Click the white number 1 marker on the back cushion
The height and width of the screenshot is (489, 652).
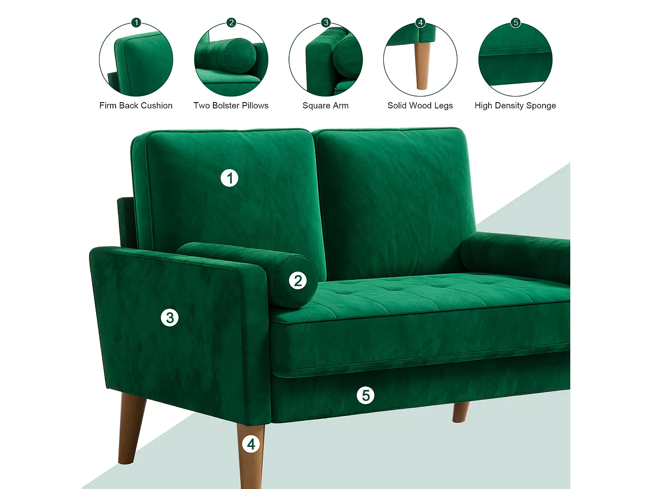230,178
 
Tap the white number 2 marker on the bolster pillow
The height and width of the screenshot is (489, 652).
298,280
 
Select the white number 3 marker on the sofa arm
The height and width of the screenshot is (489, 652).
170,318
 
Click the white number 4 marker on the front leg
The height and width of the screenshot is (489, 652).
251,444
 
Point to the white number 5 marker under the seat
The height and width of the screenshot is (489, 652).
366,395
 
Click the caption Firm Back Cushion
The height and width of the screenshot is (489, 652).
136,106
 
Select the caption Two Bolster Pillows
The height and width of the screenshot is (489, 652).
231,106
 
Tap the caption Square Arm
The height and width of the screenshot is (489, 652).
325,106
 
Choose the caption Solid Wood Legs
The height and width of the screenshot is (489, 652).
420,106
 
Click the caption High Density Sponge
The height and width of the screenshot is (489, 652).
515,106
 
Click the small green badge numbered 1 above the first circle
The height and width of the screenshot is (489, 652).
136,23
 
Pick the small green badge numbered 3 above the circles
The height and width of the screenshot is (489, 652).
326,23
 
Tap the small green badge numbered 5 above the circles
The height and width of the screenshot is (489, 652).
516,23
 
